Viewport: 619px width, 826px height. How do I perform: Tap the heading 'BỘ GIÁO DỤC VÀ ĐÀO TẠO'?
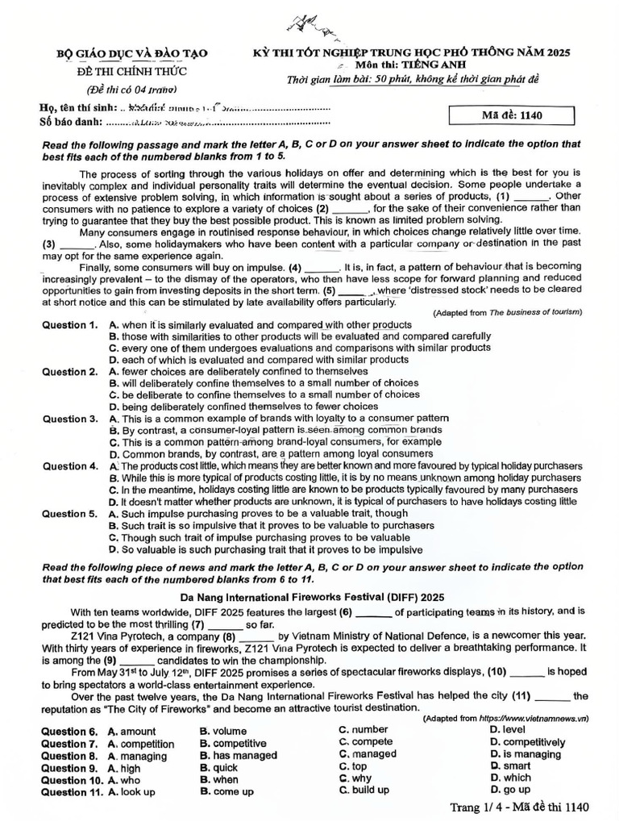[x=131, y=53]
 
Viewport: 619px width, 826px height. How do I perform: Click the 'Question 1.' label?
[x=69, y=325]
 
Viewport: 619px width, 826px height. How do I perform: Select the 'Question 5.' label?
[x=69, y=513]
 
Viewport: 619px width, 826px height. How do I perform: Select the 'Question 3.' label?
[x=69, y=419]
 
